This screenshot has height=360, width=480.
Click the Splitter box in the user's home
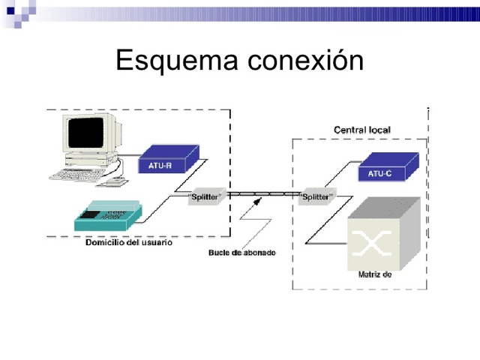click(205, 196)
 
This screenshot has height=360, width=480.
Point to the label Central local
click(361, 130)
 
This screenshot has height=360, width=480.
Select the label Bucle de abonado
click(241, 253)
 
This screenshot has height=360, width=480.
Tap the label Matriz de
click(376, 274)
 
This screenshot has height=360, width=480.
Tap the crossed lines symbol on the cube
click(373, 242)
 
